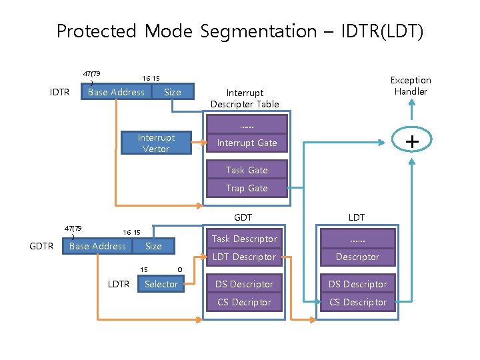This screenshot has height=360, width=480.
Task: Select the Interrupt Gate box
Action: pos(247,143)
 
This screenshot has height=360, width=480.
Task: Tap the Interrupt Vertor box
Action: pos(156,143)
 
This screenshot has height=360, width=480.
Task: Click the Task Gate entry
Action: pos(247,170)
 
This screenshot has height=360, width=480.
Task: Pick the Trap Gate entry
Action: pos(247,188)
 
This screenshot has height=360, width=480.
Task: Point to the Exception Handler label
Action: pos(411,85)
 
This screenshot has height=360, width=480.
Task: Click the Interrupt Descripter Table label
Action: pos(245,98)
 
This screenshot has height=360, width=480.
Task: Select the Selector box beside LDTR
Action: pos(161,284)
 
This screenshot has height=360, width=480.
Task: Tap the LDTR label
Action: pos(119,284)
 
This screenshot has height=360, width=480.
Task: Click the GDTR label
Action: pos(42,246)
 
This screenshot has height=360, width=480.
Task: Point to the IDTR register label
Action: pos(60,92)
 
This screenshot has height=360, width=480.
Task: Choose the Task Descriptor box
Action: pos(244,239)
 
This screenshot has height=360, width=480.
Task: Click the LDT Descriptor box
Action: pos(244,257)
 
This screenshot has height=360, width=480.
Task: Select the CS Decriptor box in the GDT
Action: pos(244,302)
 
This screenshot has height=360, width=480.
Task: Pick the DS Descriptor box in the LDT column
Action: pos(357,284)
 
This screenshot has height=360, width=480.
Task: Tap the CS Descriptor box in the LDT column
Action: pos(357,302)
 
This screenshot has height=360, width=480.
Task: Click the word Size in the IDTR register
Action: pos(173,92)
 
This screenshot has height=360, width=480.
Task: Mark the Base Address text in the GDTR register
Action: pos(97,246)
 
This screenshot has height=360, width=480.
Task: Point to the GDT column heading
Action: pos(243,217)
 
